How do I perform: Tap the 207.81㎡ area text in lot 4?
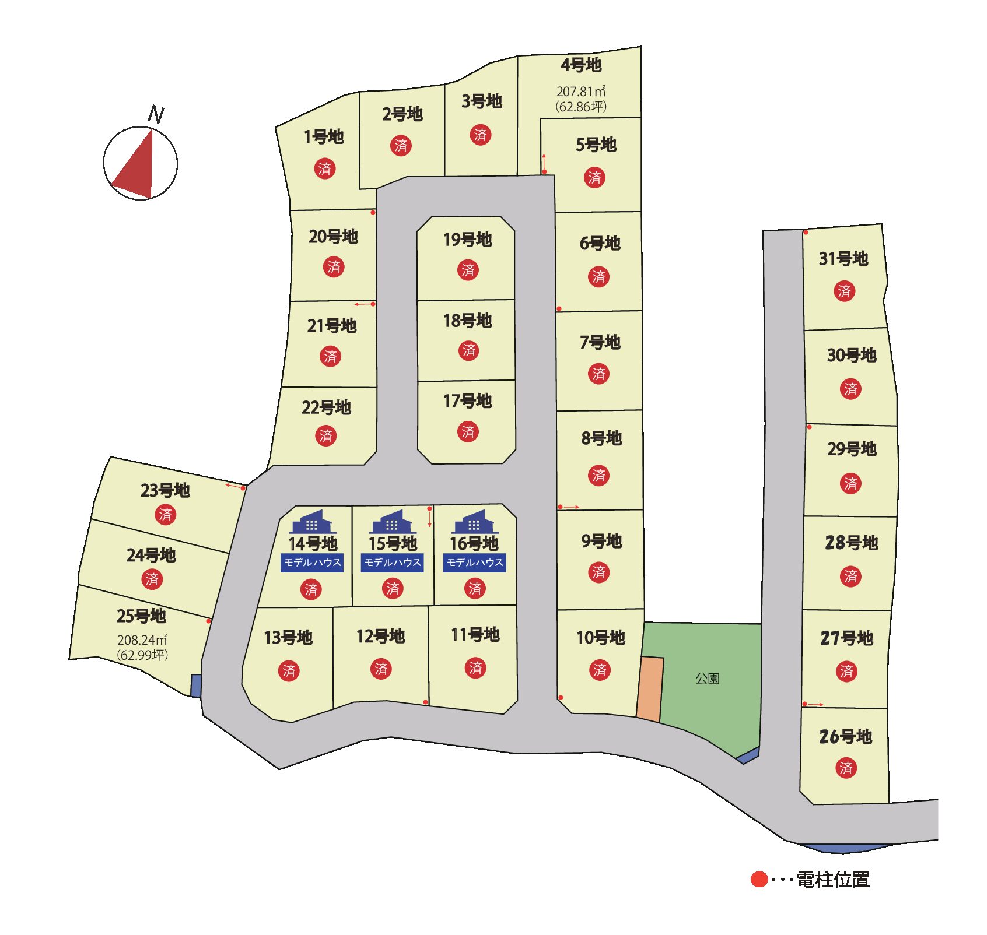coord(581,92)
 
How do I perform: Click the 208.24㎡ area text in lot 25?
coord(142,640)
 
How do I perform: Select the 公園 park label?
coord(708,679)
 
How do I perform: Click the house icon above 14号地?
coord(313,522)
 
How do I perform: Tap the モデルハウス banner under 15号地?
coord(393,563)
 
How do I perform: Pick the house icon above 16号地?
coord(475,522)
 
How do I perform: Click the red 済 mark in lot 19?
coord(468,270)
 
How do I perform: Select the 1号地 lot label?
coord(324,137)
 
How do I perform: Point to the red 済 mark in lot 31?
coord(844,291)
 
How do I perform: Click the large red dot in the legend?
coord(759,879)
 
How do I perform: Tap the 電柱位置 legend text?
coord(833,879)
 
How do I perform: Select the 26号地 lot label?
coord(845,737)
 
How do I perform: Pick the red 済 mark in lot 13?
coord(289,671)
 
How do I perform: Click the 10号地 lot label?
coord(601,638)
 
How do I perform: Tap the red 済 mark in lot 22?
coord(326,435)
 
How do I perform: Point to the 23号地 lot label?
coord(165,490)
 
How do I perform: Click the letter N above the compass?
coord(156,114)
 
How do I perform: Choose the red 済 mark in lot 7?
coord(599,374)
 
